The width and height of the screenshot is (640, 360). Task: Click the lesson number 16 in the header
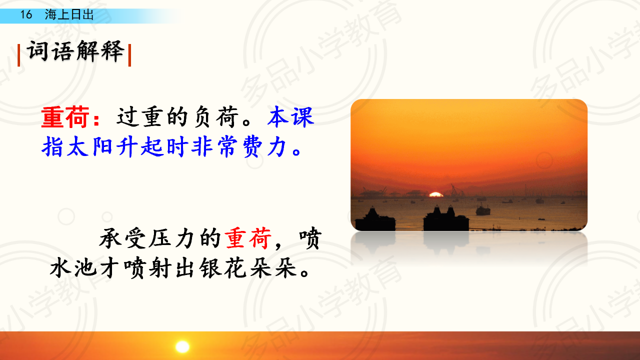[26, 14]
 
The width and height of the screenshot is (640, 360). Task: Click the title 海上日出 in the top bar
[69, 14]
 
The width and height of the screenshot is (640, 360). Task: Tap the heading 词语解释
[75, 51]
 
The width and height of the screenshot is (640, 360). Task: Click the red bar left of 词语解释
[19, 55]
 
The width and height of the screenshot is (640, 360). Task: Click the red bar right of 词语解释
[129, 55]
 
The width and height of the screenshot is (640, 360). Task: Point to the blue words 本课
[291, 116]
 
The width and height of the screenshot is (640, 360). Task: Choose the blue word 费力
[264, 146]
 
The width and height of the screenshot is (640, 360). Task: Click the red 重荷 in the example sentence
[248, 238]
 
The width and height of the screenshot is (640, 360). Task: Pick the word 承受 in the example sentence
[123, 238]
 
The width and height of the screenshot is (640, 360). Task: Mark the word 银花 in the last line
[223, 268]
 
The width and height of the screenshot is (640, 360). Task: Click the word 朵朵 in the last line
[273, 268]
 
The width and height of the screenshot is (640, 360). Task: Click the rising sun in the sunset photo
[436, 194]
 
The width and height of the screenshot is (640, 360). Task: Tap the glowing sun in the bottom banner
[182, 346]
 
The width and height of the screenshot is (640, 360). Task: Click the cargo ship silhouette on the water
[483, 209]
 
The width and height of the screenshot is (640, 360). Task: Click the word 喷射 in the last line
[148, 268]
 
